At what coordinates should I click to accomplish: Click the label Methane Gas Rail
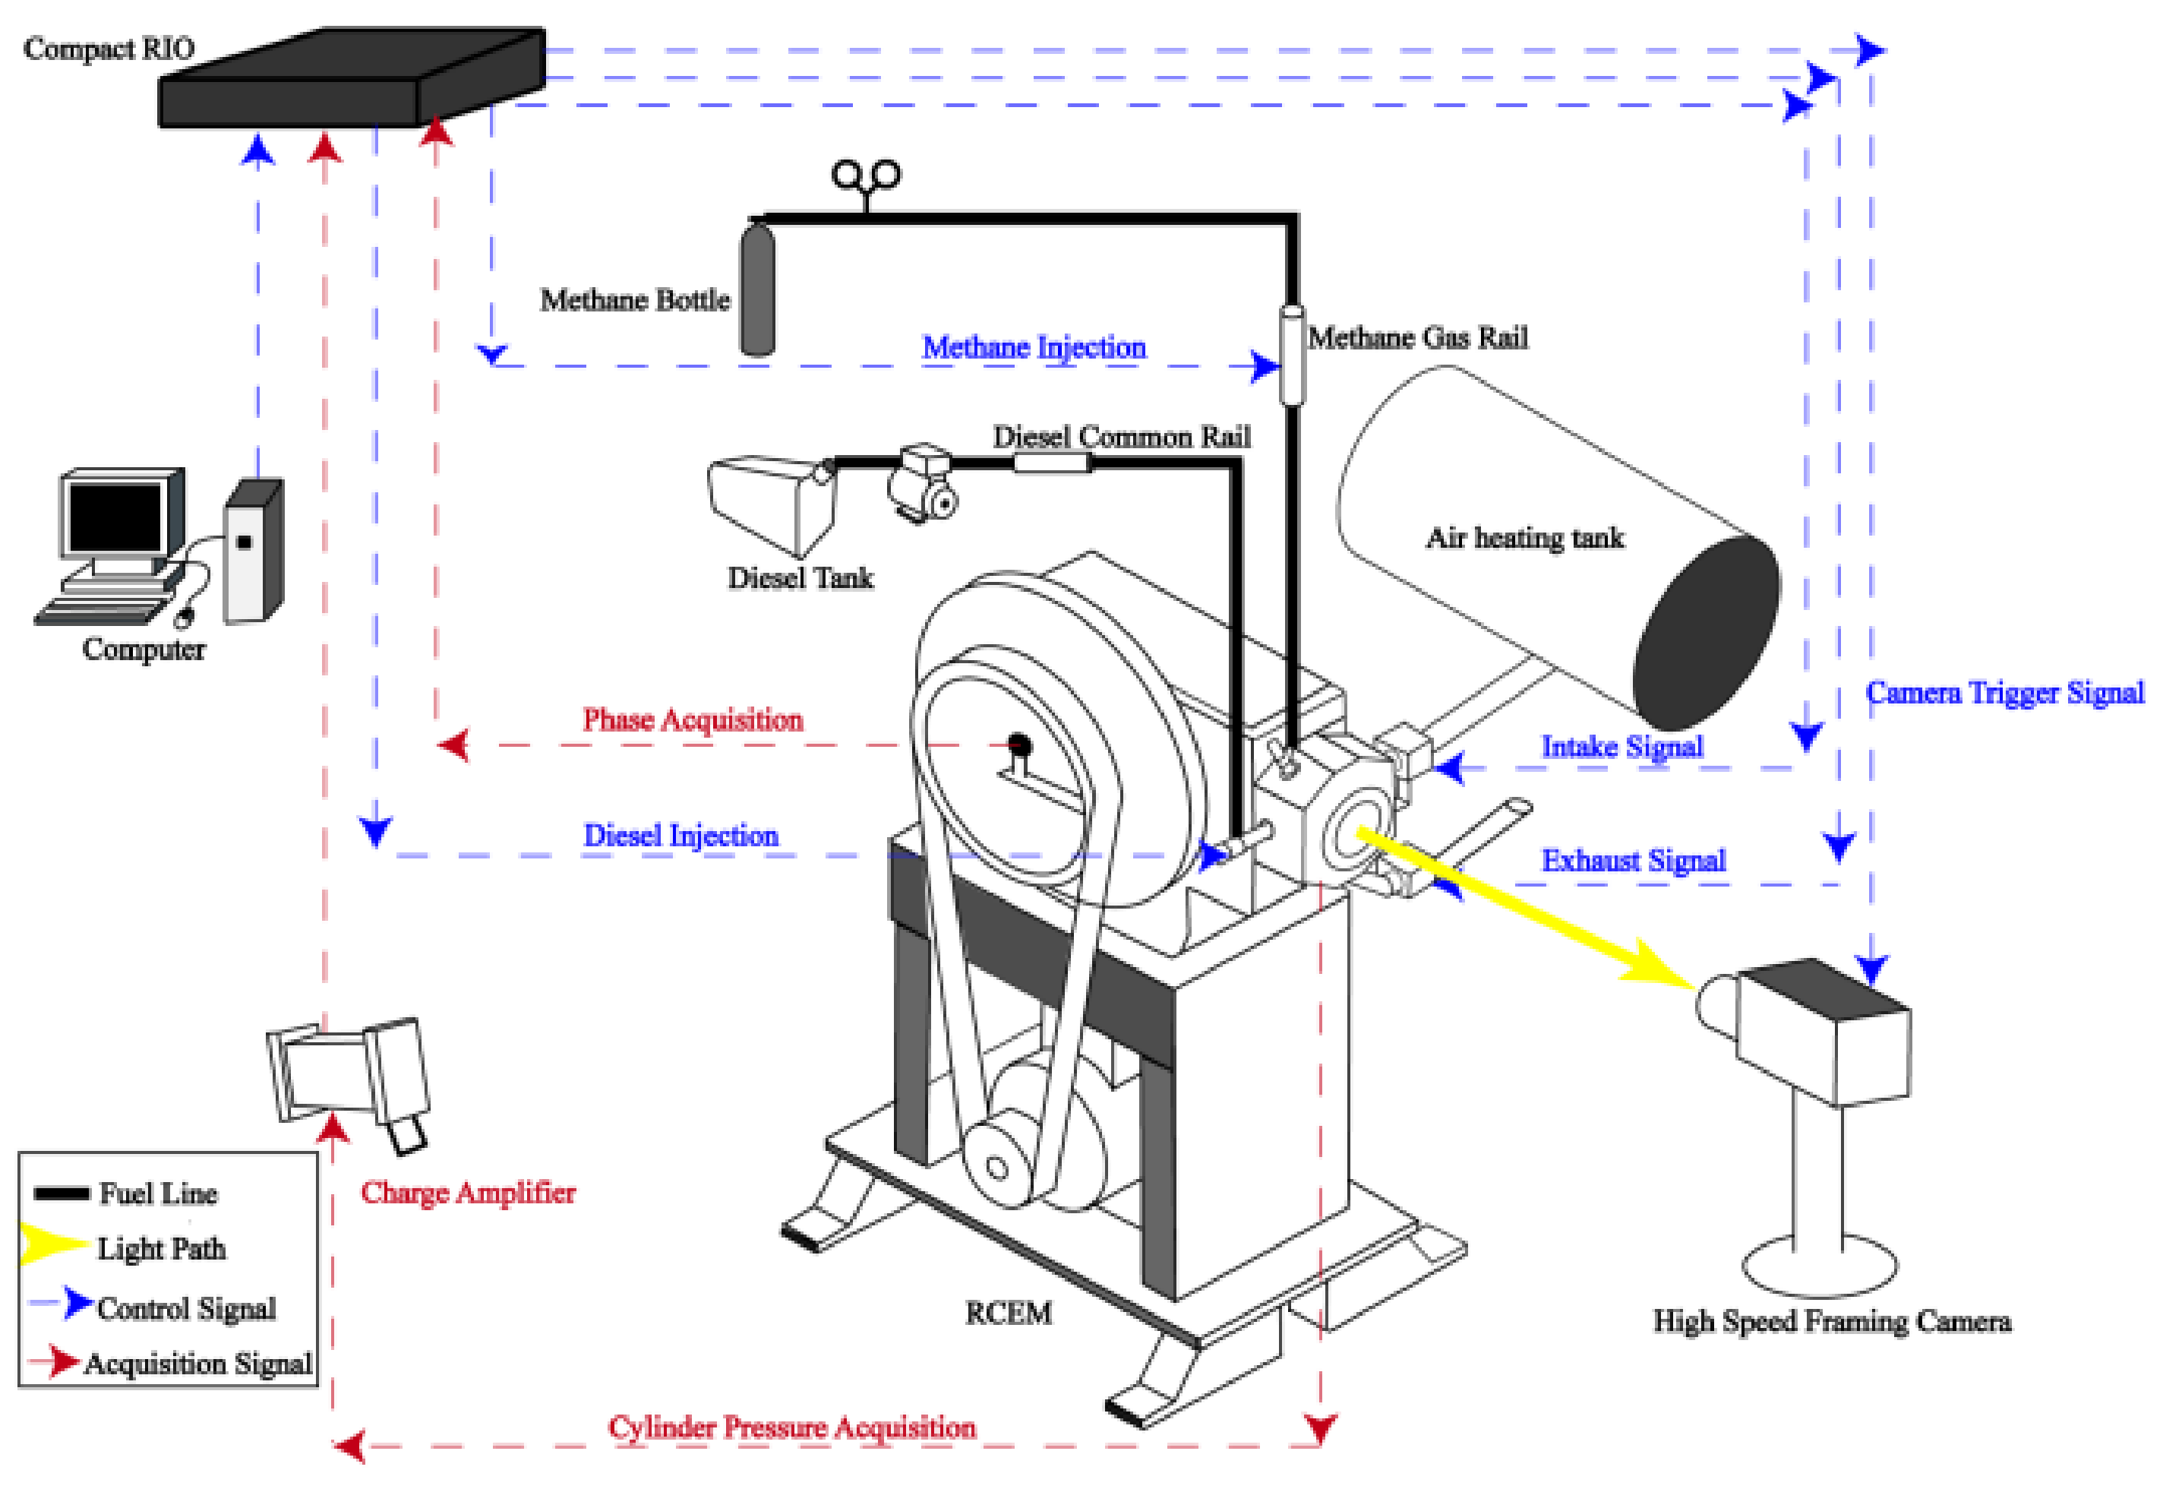[1417, 338]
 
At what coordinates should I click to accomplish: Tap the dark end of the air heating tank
[1706, 633]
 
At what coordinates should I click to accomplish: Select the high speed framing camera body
[1819, 1035]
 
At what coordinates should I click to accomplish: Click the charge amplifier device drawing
[350, 1073]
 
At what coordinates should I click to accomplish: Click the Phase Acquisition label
[692, 719]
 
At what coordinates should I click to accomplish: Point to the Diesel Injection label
[681, 835]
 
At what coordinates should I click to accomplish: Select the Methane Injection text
[1034, 347]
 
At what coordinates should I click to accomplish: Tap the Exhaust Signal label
[1632, 859]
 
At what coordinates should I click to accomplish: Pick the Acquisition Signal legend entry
[196, 1364]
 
